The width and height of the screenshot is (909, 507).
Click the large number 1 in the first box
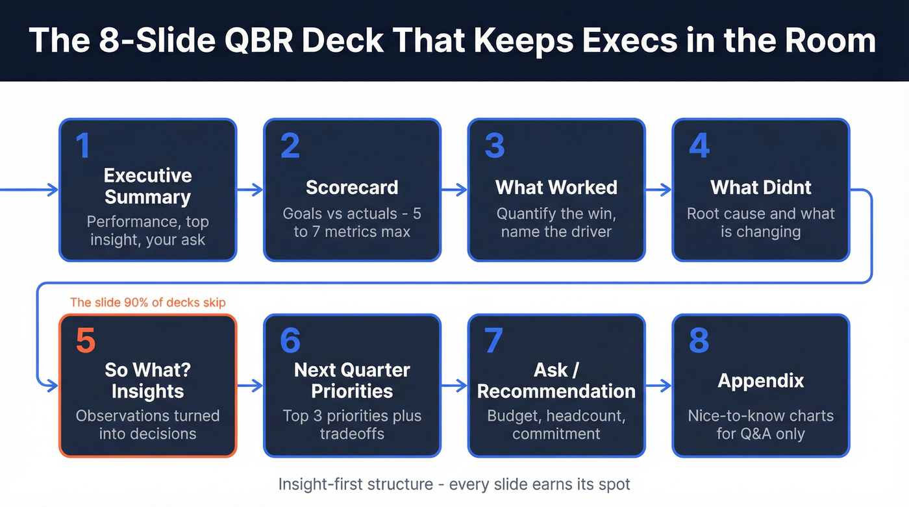tap(82, 145)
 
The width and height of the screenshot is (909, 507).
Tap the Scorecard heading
tap(351, 187)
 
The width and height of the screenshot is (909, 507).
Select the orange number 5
tap(86, 341)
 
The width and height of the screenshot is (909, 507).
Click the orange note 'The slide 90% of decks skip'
tap(147, 302)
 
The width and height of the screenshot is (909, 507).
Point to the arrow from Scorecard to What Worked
tap(454, 190)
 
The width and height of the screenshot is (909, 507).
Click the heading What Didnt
tap(760, 187)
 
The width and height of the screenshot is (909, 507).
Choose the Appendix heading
tap(760, 380)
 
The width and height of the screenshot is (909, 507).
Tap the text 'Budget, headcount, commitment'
tap(556, 425)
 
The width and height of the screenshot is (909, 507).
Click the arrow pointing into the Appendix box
tap(658, 386)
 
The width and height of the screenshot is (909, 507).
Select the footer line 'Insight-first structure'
tap(454, 484)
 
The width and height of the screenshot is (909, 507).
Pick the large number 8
tap(699, 341)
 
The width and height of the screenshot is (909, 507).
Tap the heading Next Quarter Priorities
tap(351, 380)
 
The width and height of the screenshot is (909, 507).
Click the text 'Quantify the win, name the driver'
tap(556, 222)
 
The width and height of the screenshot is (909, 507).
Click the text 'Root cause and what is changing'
tap(760, 222)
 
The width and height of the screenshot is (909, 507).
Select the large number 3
tap(495, 145)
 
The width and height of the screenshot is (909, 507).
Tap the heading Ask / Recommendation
tap(556, 380)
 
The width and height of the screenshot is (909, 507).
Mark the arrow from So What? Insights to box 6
tap(250, 386)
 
